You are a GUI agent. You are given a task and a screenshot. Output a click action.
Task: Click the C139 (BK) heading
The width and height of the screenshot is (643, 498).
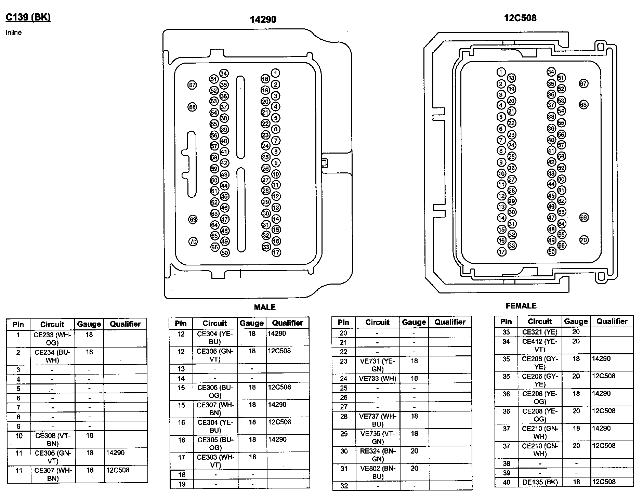point(28,17)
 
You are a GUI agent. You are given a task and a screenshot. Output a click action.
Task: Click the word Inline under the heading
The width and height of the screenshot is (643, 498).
point(14,32)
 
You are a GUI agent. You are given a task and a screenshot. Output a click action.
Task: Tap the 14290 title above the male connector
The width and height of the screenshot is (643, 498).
point(263,19)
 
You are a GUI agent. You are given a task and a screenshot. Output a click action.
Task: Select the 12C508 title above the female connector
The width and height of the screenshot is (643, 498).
point(520,18)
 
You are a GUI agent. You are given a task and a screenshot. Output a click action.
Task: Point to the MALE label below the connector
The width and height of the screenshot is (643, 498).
point(265,307)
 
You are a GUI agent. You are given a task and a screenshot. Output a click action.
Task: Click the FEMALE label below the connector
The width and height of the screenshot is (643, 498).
point(521,306)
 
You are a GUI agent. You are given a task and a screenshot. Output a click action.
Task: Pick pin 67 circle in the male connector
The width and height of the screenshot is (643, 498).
point(192,85)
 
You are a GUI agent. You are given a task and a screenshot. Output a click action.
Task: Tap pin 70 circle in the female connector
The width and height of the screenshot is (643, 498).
point(584,240)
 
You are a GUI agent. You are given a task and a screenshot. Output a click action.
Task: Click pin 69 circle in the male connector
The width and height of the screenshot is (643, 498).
point(193,219)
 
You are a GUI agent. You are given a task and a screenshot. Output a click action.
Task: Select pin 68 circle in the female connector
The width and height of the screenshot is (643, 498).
point(583,104)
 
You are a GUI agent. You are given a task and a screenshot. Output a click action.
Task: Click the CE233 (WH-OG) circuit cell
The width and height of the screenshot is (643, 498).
point(52,339)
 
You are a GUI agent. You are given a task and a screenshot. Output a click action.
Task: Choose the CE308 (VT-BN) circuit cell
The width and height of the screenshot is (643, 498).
point(53,440)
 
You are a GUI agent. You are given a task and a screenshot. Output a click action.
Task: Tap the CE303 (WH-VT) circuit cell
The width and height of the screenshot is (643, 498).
point(215,461)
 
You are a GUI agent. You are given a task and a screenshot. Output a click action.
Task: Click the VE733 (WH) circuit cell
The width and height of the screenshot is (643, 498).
point(378,379)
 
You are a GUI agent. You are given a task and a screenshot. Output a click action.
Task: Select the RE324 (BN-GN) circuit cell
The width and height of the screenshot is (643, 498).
point(378,455)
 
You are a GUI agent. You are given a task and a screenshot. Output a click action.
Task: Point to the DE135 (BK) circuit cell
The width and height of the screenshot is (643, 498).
point(540,482)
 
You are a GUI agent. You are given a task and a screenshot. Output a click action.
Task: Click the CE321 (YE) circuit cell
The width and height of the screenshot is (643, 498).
point(540,332)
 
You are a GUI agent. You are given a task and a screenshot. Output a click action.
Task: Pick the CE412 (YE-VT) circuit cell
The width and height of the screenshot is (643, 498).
point(540,345)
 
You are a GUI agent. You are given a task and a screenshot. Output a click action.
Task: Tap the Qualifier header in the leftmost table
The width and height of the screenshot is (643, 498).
point(125,324)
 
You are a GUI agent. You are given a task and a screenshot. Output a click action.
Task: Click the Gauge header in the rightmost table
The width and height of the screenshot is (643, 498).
point(576,321)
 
